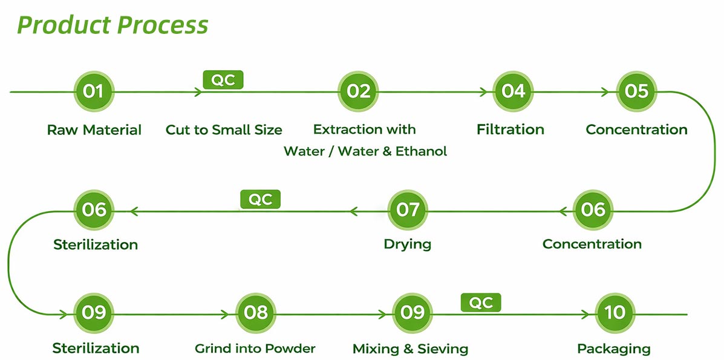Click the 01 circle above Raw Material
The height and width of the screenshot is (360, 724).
[94, 91]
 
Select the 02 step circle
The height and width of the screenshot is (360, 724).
[358, 91]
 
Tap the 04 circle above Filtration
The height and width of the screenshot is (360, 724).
[513, 91]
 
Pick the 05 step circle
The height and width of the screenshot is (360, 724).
[637, 91]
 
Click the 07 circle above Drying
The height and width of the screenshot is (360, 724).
[408, 211]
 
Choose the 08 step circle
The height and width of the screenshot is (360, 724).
[256, 313]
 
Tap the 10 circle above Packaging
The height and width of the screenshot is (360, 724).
[615, 313]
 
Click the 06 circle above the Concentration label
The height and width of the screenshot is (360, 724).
[593, 211]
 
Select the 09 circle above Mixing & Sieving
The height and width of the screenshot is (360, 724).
[413, 313]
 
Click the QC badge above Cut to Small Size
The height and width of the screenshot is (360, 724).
[223, 80]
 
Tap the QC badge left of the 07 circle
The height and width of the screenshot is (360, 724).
[261, 200]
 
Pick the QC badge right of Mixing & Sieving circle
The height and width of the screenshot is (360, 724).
[481, 303]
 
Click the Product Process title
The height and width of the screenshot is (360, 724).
[113, 24]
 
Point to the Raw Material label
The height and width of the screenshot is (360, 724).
[94, 130]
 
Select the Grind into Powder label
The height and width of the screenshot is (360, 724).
[255, 349]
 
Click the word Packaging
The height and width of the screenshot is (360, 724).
[614, 349]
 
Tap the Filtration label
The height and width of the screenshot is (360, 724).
[510, 129]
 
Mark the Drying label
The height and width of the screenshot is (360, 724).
[407, 244]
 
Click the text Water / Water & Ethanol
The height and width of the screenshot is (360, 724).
[365, 151]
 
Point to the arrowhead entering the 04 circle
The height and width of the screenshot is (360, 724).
[484, 92]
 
